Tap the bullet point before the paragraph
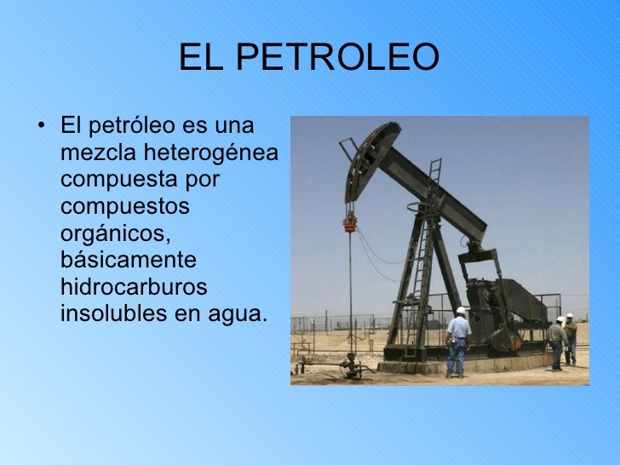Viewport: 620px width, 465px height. click(42, 129)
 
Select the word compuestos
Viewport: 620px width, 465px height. click(125, 207)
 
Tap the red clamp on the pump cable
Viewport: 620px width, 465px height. click(349, 223)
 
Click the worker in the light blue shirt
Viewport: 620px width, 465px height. click(458, 340)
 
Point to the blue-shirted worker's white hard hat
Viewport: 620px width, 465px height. click(461, 311)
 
